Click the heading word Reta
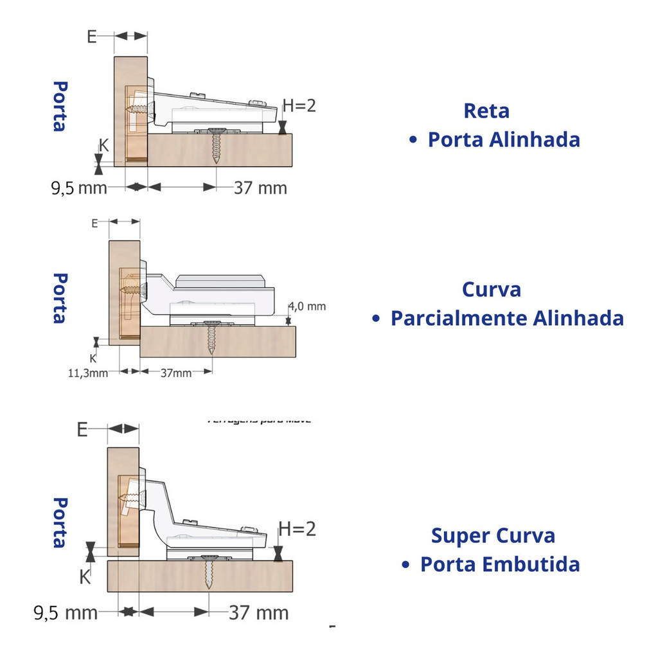[x=486, y=111]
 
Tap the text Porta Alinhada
[x=504, y=139]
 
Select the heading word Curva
[x=491, y=289]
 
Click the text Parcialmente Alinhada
[x=507, y=318]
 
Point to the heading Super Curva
[x=493, y=535]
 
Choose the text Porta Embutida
[x=500, y=564]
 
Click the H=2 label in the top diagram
[x=299, y=105]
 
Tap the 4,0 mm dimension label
[x=307, y=306]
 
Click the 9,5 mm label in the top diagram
[x=78, y=188]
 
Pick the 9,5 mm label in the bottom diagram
[x=65, y=612]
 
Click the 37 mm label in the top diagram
[x=260, y=188]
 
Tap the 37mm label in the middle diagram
[x=175, y=373]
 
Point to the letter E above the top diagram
[x=92, y=36]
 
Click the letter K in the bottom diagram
[x=84, y=576]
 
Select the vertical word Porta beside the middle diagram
[x=60, y=298]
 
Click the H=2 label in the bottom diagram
[x=297, y=529]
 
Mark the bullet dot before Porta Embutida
[x=405, y=564]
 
